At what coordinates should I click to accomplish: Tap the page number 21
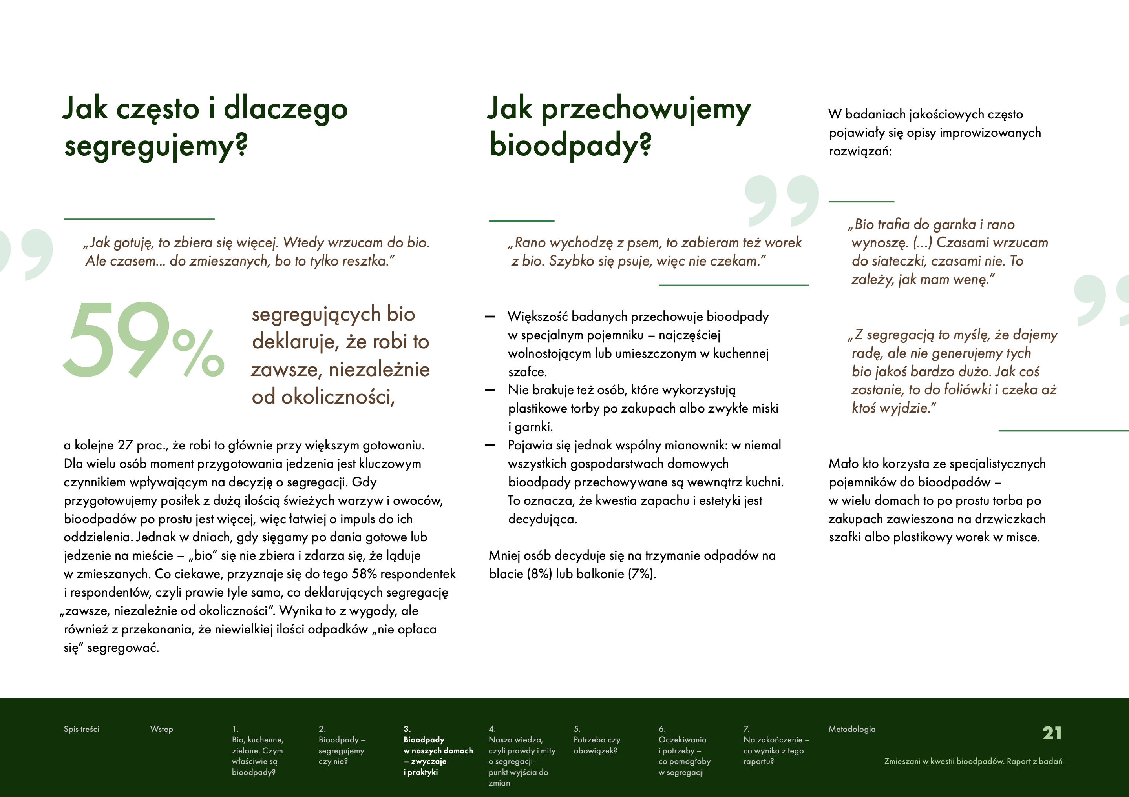pos(1052,733)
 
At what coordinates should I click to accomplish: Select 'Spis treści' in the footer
pos(81,729)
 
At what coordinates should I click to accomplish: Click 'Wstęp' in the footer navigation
pos(161,729)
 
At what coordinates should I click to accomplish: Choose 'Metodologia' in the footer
pos(852,729)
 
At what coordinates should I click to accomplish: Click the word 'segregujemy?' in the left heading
pos(156,146)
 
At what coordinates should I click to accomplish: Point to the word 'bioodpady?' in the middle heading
pos(570,146)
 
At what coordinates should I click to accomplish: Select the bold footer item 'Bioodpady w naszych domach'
pos(438,750)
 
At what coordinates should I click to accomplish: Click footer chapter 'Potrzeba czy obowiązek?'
pos(596,745)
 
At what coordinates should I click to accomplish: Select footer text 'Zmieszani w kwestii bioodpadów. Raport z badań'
pos(973,761)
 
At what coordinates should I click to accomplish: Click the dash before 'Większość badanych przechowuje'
pos(490,317)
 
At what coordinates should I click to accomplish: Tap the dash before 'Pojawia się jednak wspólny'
pos(490,445)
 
